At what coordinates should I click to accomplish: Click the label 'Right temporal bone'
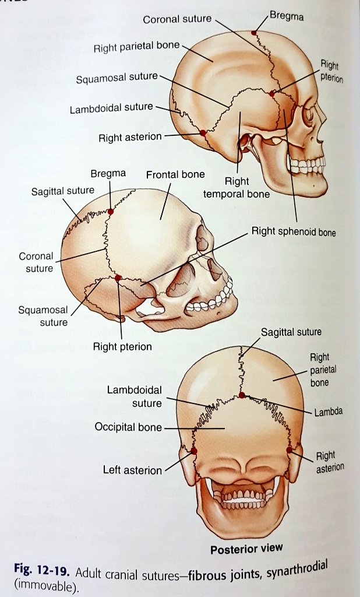click(x=236, y=188)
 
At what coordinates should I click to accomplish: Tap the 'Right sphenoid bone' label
click(x=294, y=232)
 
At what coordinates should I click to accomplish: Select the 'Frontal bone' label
click(x=175, y=174)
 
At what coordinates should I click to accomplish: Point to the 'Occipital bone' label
click(x=128, y=427)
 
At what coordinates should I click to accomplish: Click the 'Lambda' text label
click(x=329, y=412)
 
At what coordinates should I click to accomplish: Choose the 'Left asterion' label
click(x=132, y=470)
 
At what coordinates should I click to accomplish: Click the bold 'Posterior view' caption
click(x=246, y=549)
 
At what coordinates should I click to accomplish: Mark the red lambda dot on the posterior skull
click(x=242, y=395)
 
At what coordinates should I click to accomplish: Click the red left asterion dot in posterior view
click(x=194, y=451)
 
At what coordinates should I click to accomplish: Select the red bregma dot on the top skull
click(x=253, y=33)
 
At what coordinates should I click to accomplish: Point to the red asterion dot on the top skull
click(x=203, y=133)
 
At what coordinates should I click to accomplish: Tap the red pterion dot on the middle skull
click(x=118, y=278)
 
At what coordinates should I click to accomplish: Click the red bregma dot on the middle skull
click(x=110, y=211)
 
